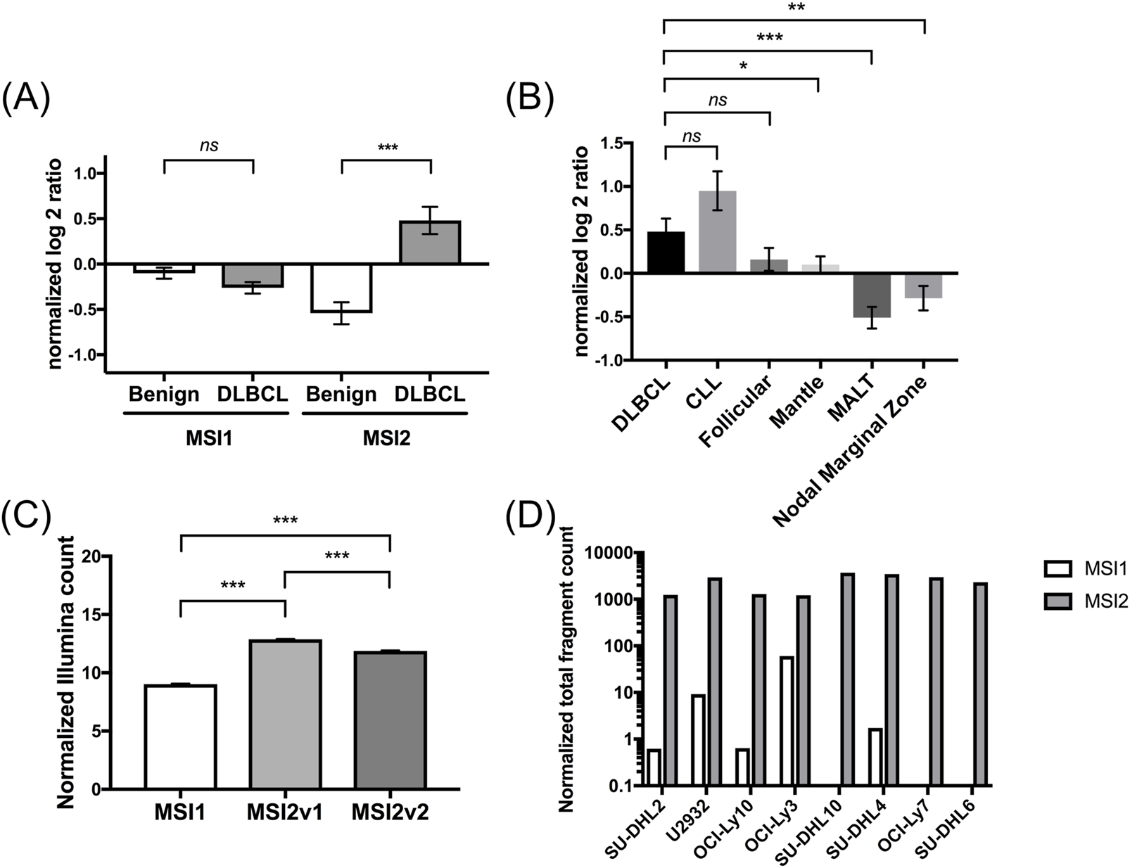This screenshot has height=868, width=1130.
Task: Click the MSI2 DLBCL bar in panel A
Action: [430, 243]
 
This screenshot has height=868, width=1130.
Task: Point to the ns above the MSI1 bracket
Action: [208, 145]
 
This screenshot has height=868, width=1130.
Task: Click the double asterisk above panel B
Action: [795, 8]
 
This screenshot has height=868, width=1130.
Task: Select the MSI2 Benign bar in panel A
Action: [341, 288]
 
